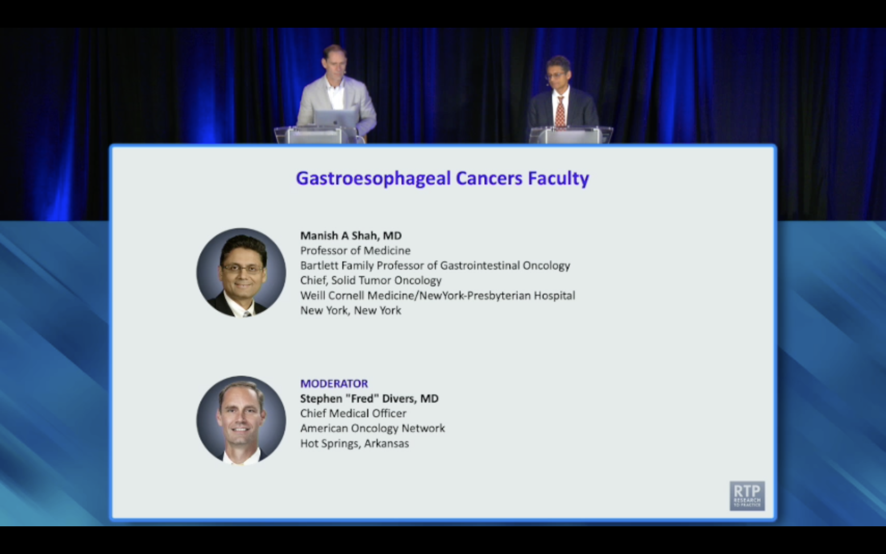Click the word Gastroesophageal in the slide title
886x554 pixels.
tap(373, 179)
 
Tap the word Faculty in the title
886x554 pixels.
tap(558, 179)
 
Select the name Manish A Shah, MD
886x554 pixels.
tap(351, 235)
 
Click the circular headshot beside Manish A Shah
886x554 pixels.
tap(241, 273)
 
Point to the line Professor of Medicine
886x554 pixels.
tap(355, 251)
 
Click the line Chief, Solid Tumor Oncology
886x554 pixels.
tap(370, 280)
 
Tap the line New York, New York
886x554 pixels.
tap(350, 310)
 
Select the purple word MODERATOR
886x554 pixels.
tap(334, 383)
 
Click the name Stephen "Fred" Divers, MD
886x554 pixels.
tap(369, 398)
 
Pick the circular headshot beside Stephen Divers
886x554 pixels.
tap(241, 420)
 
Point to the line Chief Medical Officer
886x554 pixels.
tap(353, 413)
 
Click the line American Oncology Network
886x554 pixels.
tap(372, 428)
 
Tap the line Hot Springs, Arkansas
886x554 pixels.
tap(354, 443)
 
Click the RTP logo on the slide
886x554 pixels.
tap(747, 496)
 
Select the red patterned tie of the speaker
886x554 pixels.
tap(560, 112)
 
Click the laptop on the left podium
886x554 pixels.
tap(336, 118)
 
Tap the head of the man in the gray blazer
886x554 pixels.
tap(334, 60)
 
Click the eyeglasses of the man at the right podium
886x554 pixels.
tap(555, 75)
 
